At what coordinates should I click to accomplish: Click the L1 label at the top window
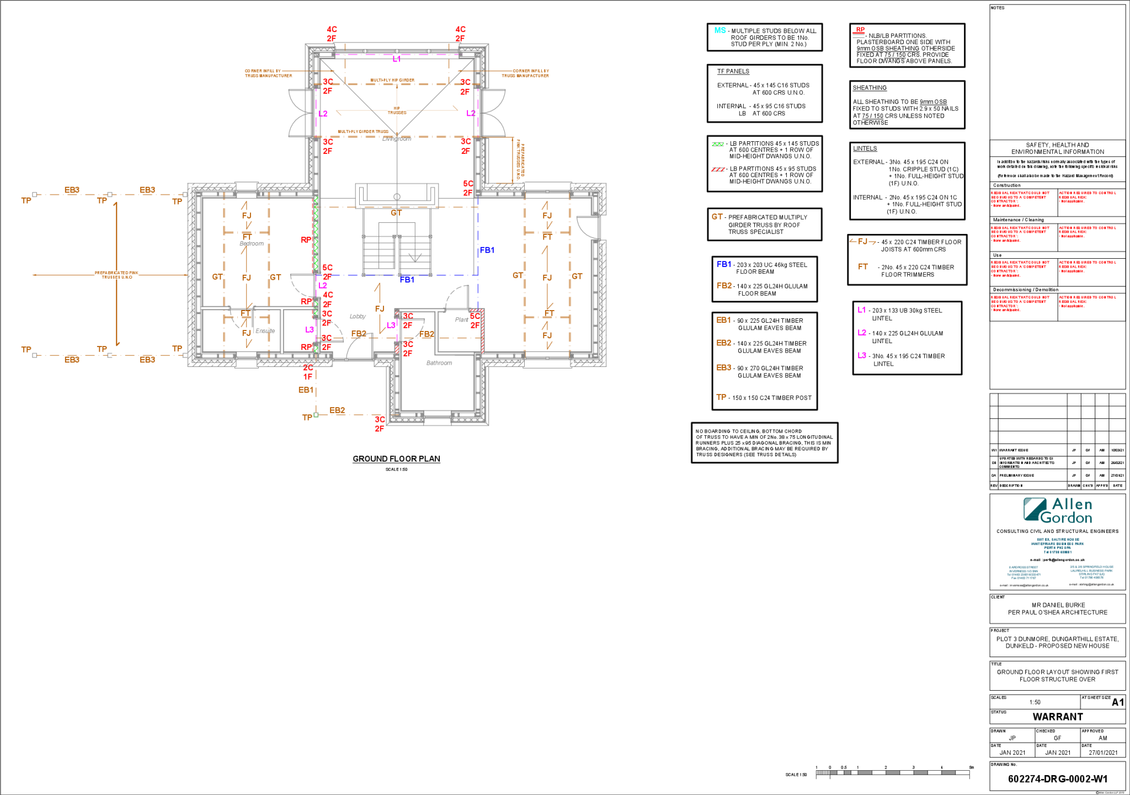[397, 58]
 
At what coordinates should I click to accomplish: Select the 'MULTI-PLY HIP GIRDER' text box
[392, 80]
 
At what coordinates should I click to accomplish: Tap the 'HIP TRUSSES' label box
[397, 110]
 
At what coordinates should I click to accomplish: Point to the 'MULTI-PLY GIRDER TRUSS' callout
[363, 132]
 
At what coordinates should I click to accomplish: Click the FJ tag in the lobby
[380, 309]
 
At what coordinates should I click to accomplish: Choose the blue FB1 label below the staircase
[407, 280]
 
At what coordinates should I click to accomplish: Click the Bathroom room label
[439, 363]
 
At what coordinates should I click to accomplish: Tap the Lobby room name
[358, 317]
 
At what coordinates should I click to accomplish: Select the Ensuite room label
[265, 331]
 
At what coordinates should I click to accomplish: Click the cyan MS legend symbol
[720, 30]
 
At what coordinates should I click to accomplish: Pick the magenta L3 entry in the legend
[862, 355]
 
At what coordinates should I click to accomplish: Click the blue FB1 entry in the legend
[724, 264]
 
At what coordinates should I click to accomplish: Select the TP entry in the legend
[721, 397]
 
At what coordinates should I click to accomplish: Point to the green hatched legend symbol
[717, 144]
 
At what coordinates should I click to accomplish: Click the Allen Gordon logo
[1057, 510]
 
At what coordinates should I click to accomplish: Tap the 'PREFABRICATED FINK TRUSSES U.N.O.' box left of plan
[116, 275]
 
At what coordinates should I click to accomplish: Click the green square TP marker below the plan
[316, 415]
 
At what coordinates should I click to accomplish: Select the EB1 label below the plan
[306, 390]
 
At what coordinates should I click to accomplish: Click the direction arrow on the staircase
[414, 257]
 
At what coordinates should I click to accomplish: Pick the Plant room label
[461, 320]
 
